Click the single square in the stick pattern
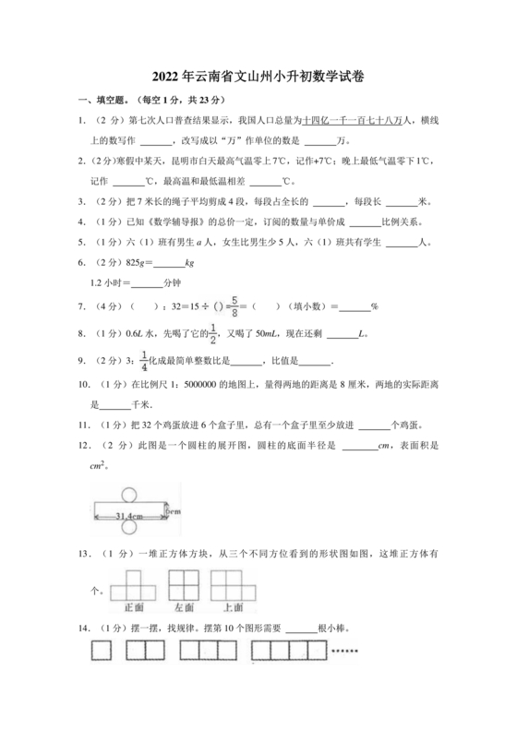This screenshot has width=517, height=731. pyautogui.click(x=101, y=653)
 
